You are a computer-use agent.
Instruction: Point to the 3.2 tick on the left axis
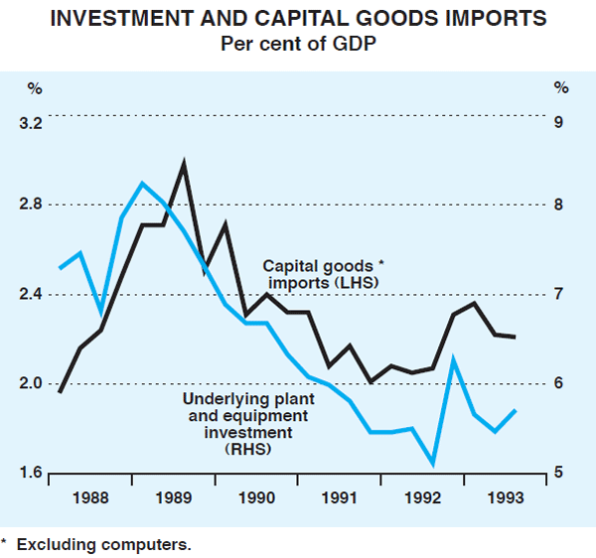coord(33,124)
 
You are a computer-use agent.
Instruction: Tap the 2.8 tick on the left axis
coord(33,206)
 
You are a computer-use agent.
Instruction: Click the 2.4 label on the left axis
coord(33,295)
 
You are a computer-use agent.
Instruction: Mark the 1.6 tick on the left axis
coord(33,473)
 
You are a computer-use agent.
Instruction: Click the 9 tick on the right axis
coord(559,124)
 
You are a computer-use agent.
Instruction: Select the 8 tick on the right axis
coord(559,206)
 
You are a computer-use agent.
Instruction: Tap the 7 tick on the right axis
coord(559,295)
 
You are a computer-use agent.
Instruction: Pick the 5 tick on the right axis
coord(559,473)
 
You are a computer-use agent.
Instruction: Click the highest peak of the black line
coord(184,163)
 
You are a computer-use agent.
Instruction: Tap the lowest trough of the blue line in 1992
coord(433,463)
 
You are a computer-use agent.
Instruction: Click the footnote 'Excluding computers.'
coord(102,544)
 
